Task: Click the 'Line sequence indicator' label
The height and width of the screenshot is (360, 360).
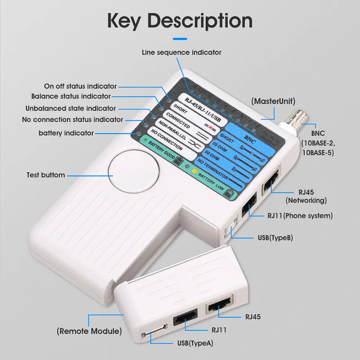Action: coord(181,52)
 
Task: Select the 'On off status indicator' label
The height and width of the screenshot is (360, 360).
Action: coord(80,86)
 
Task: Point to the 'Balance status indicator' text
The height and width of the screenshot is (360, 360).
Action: coord(71,96)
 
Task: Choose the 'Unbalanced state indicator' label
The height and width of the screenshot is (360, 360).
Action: coord(71,108)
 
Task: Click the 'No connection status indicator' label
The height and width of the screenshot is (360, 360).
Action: coord(72,119)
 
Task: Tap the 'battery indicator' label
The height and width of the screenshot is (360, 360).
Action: coord(66,133)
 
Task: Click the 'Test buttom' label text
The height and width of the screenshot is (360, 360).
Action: coord(45,175)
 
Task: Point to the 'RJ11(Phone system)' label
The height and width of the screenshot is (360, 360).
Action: coord(300,216)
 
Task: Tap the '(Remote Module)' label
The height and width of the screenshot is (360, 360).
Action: coord(89,331)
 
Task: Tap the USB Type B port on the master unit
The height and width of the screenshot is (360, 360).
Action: coord(229,230)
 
